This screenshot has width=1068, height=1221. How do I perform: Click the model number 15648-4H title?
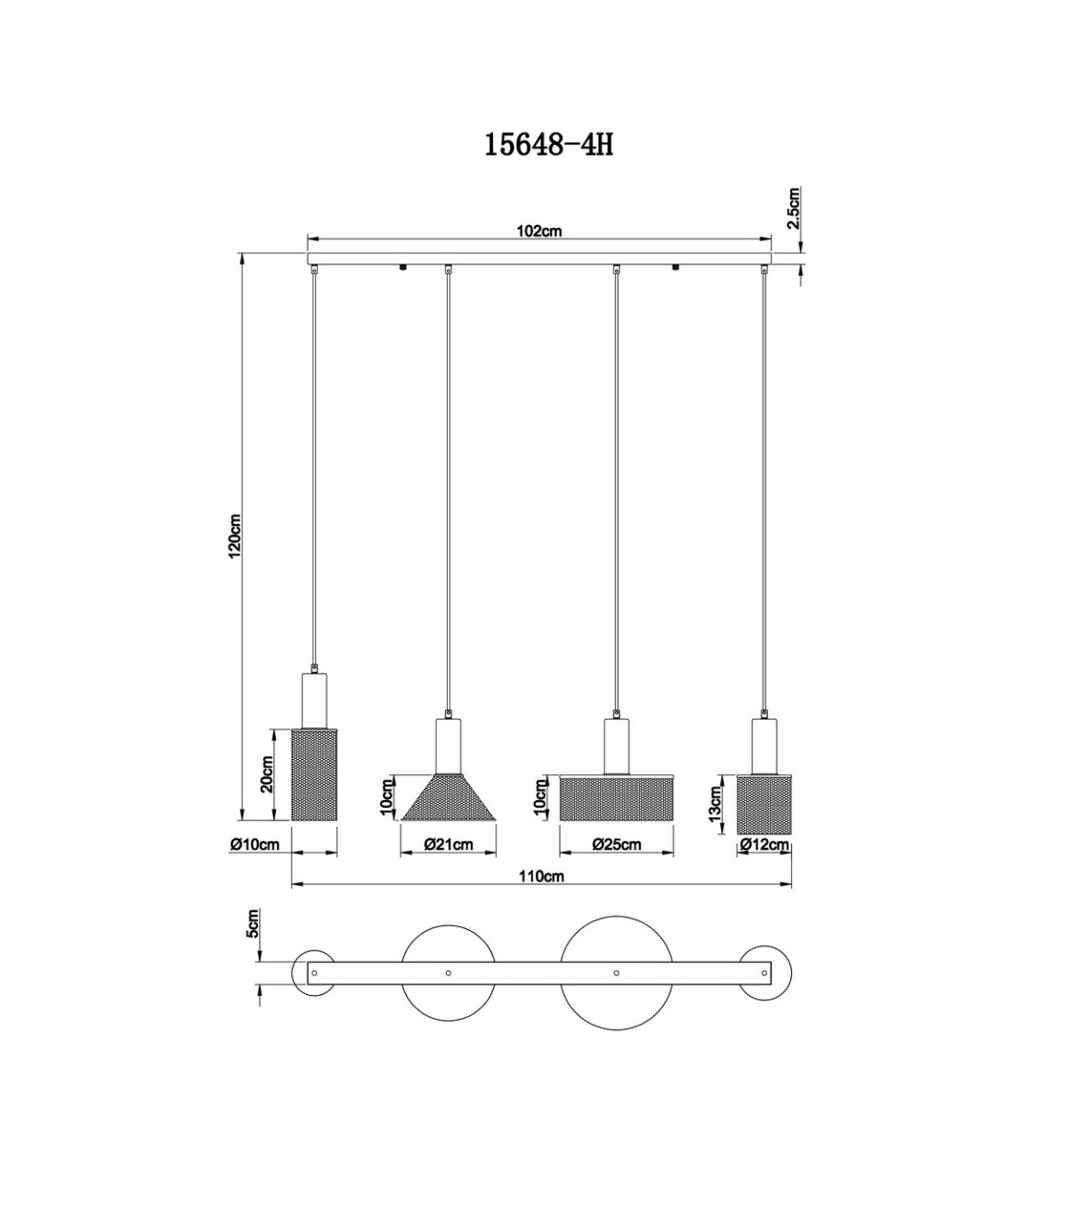(548, 144)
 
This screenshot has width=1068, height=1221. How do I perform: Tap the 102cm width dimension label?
(538, 231)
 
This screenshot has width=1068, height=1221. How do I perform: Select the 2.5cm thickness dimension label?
(793, 208)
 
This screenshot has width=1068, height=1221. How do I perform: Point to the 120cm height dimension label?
(235, 536)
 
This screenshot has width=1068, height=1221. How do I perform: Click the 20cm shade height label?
(266, 773)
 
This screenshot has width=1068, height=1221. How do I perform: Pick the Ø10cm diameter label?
(255, 844)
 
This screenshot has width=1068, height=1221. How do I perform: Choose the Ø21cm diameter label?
(449, 844)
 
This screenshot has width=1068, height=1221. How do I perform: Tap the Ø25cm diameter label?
(617, 844)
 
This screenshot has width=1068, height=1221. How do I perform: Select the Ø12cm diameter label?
(765, 844)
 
